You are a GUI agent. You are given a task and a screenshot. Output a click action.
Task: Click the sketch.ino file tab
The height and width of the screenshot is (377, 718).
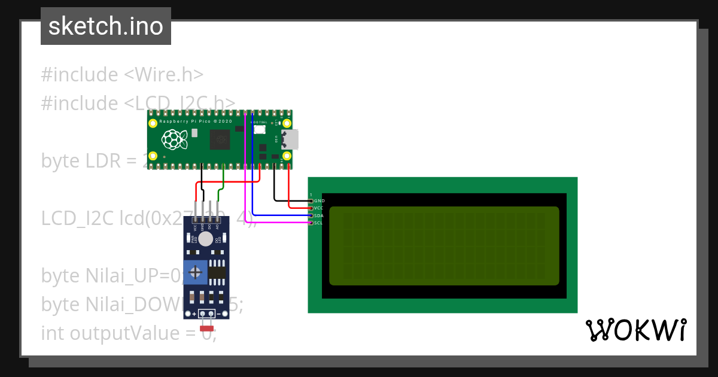[106, 26]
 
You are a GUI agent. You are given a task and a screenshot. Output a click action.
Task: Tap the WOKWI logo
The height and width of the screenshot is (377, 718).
[635, 330]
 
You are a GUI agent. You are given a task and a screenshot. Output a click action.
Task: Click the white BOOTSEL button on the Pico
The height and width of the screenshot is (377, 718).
[260, 129]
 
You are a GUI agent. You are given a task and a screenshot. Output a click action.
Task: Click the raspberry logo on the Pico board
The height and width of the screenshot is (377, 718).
[174, 141]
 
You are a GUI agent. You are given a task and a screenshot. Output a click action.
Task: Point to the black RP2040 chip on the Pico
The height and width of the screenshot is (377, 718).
[219, 141]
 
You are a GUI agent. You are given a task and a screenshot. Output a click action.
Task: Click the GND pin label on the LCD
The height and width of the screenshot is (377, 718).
[319, 200]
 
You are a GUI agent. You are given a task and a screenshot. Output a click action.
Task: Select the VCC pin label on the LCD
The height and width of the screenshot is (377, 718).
[319, 208]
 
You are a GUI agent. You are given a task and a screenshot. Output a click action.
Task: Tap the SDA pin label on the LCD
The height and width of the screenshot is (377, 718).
[319, 215]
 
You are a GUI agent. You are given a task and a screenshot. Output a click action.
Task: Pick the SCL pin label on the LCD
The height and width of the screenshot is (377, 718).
[319, 223]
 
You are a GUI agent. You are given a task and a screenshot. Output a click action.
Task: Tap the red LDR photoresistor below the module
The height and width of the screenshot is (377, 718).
[207, 327]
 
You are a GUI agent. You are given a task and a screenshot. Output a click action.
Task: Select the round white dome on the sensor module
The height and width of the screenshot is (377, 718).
[206, 239]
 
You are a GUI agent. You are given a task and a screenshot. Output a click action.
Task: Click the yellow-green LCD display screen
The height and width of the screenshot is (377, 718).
[444, 246]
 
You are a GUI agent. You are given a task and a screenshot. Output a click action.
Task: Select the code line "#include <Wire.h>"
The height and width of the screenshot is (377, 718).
[122, 75]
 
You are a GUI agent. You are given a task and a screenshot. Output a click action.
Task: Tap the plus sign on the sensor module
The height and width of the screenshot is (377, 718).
[195, 314]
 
